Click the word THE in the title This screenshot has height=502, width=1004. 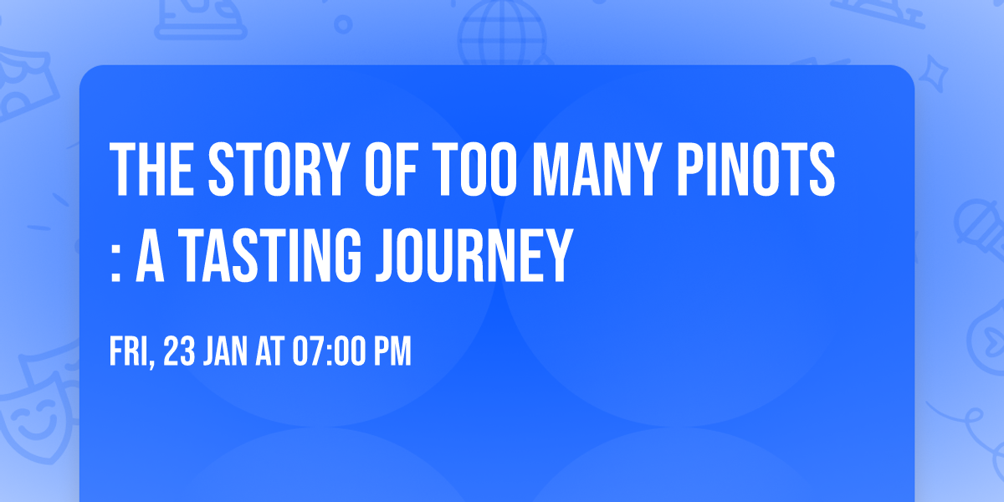151,171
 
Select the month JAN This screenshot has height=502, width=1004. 224,352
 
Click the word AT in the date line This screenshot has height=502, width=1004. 271,352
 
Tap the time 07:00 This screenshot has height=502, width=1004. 328,352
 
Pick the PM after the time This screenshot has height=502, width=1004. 392,352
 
